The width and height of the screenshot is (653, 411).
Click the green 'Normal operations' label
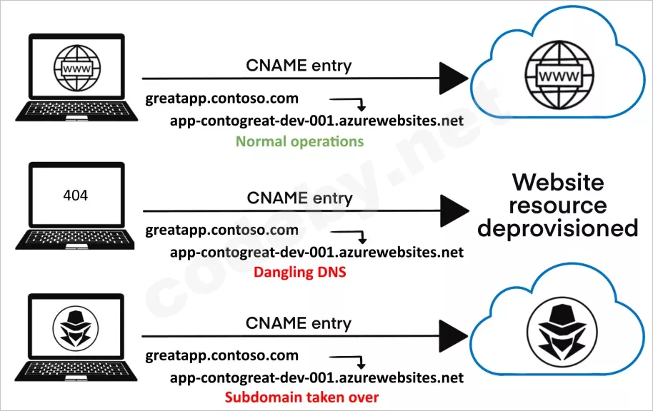(x=299, y=141)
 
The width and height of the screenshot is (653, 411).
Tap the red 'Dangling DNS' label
(x=300, y=272)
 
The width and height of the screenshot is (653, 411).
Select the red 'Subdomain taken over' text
(x=302, y=397)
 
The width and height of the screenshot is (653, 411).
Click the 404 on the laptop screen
(x=76, y=195)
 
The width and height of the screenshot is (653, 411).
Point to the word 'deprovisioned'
(x=558, y=228)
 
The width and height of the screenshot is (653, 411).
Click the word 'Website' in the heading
(x=558, y=182)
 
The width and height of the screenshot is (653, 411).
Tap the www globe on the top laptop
(x=77, y=68)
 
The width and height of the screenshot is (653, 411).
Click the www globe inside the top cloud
(x=559, y=76)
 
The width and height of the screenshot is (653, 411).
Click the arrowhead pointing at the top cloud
(x=454, y=78)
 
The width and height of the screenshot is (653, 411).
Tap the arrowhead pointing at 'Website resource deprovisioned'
(x=454, y=211)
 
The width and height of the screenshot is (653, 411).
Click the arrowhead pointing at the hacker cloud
(x=454, y=336)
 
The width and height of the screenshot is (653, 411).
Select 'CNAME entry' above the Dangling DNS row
(x=299, y=198)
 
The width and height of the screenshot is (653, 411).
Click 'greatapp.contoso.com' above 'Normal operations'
(x=222, y=99)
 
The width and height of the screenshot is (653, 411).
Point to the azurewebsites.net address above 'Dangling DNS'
(x=316, y=252)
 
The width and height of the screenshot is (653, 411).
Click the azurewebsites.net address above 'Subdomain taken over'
(x=316, y=377)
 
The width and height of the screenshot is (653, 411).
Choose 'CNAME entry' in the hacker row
(x=299, y=323)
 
